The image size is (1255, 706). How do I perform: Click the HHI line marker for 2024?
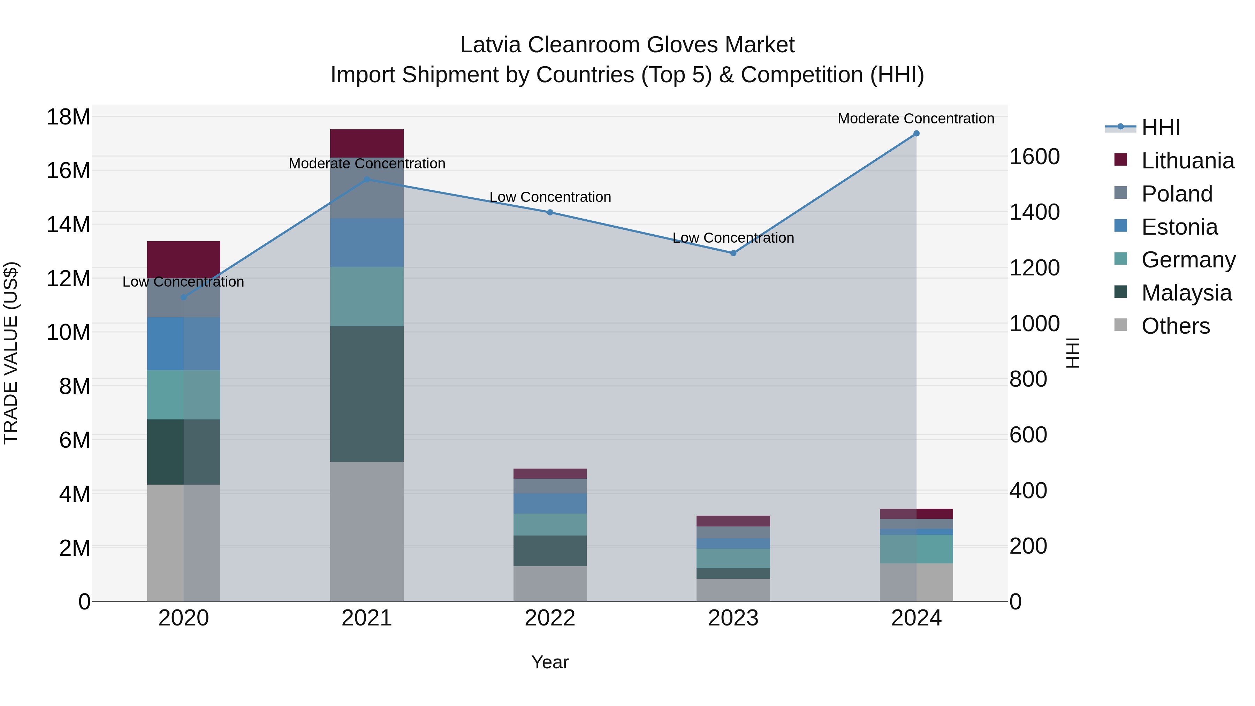(916, 134)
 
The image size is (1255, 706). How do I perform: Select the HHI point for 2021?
(367, 179)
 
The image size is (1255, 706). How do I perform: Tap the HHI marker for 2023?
(733, 253)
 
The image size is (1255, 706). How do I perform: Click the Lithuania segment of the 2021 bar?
(367, 143)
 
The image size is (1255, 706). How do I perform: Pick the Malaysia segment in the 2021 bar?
(367, 394)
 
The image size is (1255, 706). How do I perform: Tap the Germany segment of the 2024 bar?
(916, 549)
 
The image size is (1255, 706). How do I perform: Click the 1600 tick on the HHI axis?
(1034, 157)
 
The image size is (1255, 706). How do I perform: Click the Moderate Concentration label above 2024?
(915, 119)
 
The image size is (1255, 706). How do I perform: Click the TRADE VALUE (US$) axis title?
(11, 353)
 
